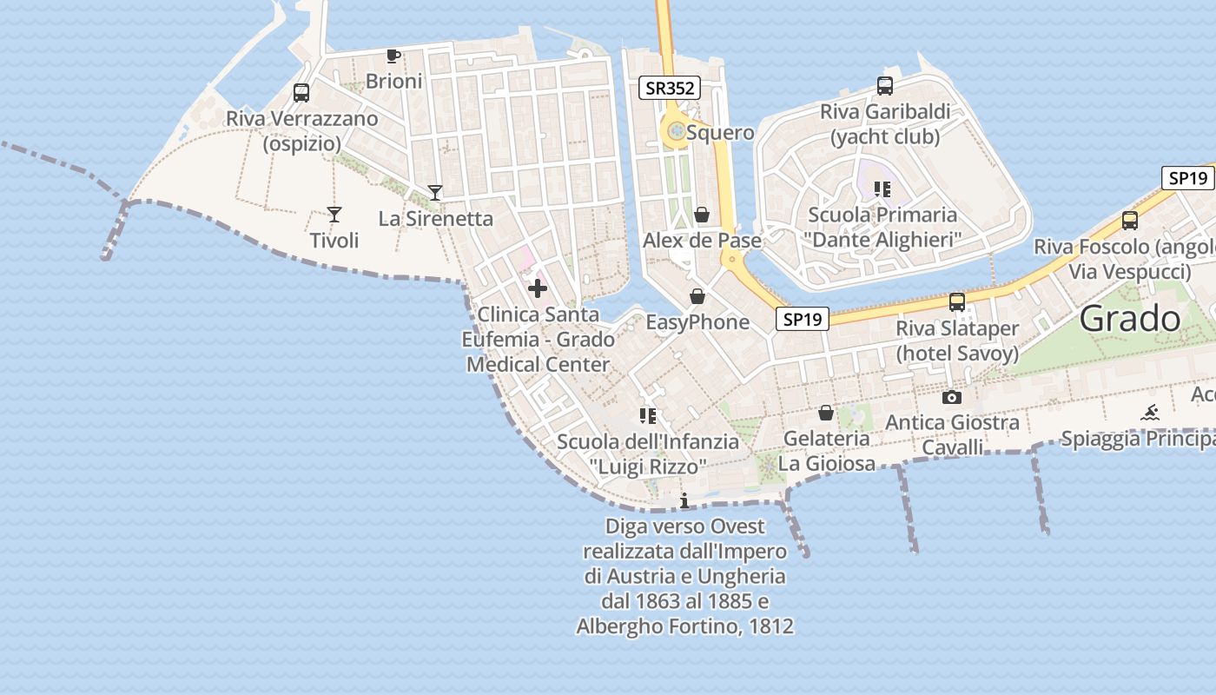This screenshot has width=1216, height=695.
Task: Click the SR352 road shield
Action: pyautogui.click(x=669, y=88)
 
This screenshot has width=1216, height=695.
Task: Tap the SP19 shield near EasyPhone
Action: pyautogui.click(x=802, y=319)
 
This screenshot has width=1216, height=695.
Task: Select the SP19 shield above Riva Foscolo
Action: pyautogui.click(x=1187, y=178)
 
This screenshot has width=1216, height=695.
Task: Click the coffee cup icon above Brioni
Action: pyautogui.click(x=393, y=56)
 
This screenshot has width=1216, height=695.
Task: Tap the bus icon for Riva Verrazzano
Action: pyautogui.click(x=301, y=93)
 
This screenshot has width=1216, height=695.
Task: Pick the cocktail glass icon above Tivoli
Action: pyautogui.click(x=334, y=214)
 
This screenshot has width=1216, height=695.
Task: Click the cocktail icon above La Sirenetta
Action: pyautogui.click(x=435, y=193)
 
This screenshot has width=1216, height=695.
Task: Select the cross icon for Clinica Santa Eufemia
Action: pyautogui.click(x=538, y=288)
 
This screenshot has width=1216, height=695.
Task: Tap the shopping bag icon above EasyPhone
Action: pyautogui.click(x=697, y=297)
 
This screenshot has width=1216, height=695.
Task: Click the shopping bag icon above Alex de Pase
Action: pyautogui.click(x=702, y=215)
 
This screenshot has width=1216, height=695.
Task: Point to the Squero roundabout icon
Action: pyautogui.click(x=676, y=132)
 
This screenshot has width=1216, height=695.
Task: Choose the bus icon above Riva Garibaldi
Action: pyautogui.click(x=885, y=86)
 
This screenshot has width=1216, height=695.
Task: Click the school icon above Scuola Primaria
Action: pyautogui.click(x=882, y=189)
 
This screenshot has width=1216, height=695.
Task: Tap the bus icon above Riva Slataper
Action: pyautogui.click(x=957, y=302)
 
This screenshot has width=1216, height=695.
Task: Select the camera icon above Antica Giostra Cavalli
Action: pyautogui.click(x=952, y=397)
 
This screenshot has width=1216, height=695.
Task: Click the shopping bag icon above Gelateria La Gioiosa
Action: pyautogui.click(x=826, y=413)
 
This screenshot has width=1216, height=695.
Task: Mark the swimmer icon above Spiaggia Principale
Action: pyautogui.click(x=1150, y=412)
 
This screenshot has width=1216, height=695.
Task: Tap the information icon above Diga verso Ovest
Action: pyautogui.click(x=684, y=500)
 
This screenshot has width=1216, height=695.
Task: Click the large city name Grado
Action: pyautogui.click(x=1130, y=319)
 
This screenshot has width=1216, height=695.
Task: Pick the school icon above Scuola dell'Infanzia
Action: pyautogui.click(x=647, y=416)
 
